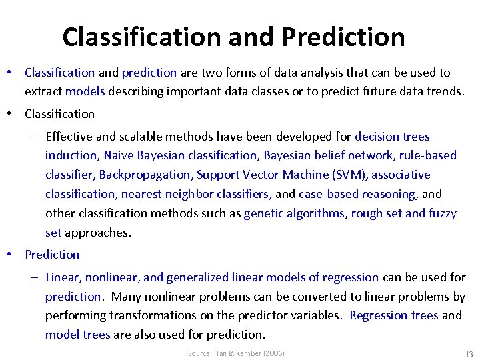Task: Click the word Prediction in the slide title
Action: click(343, 37)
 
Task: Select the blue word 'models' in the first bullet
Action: click(85, 91)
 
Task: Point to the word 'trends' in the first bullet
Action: click(445, 91)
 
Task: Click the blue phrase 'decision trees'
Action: click(392, 137)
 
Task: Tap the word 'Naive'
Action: click(117, 155)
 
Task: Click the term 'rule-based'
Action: click(427, 155)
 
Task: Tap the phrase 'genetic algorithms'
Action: click(294, 213)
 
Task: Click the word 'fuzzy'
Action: click(443, 213)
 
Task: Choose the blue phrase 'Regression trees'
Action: click(394, 315)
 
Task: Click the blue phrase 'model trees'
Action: click(77, 335)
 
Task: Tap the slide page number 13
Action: click(469, 353)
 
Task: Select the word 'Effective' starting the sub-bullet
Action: click(69, 137)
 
